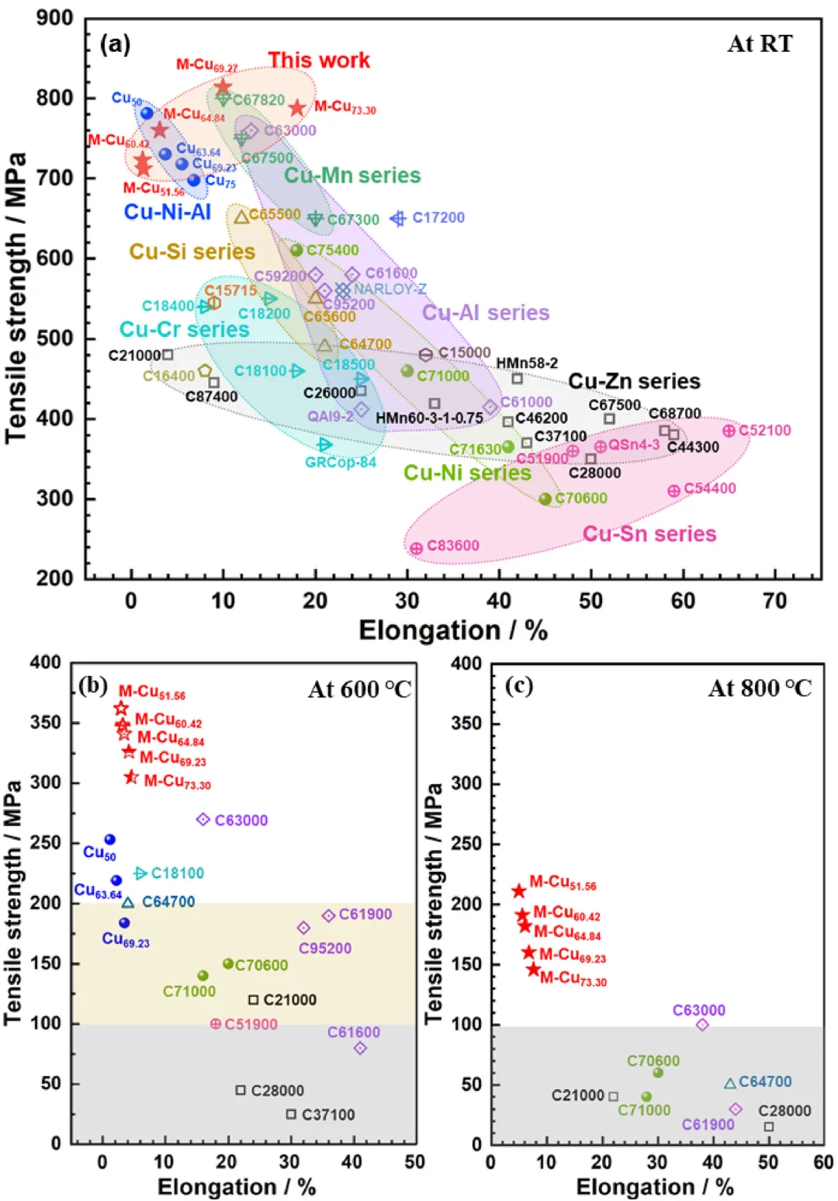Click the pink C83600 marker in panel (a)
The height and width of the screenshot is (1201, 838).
pyautogui.click(x=417, y=548)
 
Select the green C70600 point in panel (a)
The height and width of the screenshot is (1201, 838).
pyautogui.click(x=545, y=499)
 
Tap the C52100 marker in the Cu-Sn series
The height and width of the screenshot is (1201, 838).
pyautogui.click(x=729, y=431)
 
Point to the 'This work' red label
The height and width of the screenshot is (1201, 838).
pyautogui.click(x=319, y=61)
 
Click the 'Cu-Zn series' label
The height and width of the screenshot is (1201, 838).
pyautogui.click(x=634, y=381)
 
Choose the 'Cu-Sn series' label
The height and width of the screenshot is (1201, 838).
pyautogui.click(x=649, y=534)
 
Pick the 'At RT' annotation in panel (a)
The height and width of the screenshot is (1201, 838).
pyautogui.click(x=760, y=44)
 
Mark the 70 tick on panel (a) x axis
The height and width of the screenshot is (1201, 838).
pyautogui.click(x=774, y=601)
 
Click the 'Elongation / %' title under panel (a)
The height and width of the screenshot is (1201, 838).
pyautogui.click(x=453, y=630)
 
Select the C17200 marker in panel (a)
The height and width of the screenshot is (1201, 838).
pyautogui.click(x=398, y=219)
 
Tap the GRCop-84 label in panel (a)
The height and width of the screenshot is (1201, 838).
pyautogui.click(x=341, y=463)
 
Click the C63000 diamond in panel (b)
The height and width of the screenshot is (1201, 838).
pyautogui.click(x=203, y=820)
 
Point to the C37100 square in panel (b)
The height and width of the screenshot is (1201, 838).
pyautogui.click(x=291, y=1114)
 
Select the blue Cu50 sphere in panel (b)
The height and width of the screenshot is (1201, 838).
pyautogui.click(x=110, y=839)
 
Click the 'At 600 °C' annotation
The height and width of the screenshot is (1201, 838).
pyautogui.click(x=359, y=689)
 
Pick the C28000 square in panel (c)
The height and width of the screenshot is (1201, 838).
pyautogui.click(x=769, y=1126)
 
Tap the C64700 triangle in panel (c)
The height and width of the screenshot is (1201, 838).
pyautogui.click(x=729, y=1083)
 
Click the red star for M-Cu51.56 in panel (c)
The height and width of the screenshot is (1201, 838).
pyautogui.click(x=519, y=891)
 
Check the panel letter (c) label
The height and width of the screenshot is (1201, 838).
pyautogui.click(x=518, y=686)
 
